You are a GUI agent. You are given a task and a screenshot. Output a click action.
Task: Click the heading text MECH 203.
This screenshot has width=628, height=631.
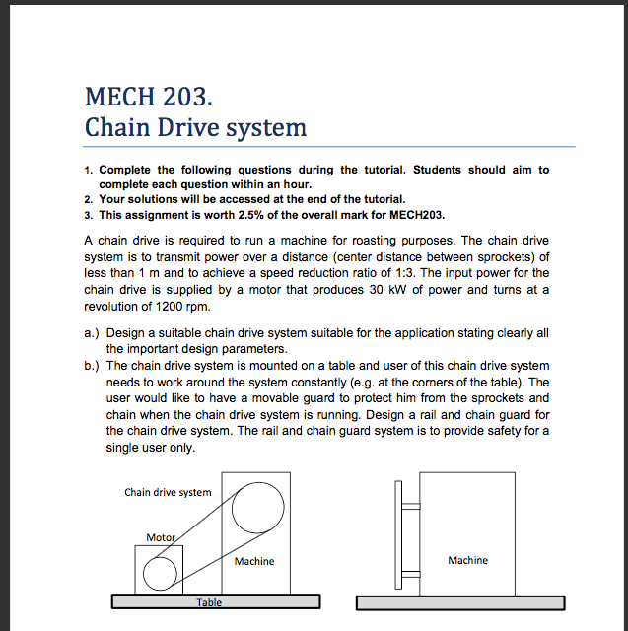click(x=148, y=97)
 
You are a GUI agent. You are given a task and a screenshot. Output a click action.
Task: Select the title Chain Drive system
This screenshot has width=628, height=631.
click(x=195, y=127)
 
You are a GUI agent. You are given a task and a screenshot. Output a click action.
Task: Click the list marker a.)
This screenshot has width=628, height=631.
click(x=93, y=333)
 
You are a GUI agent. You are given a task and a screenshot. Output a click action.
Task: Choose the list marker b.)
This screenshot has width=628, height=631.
click(x=93, y=365)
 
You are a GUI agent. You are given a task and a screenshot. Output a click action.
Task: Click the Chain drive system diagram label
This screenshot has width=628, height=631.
click(x=168, y=492)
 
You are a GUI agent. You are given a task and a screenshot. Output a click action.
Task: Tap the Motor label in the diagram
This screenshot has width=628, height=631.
click(x=160, y=537)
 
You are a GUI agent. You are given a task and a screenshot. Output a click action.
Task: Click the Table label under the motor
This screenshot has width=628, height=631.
click(x=209, y=601)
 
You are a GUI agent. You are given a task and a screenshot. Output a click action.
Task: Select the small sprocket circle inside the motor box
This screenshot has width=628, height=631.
click(x=158, y=570)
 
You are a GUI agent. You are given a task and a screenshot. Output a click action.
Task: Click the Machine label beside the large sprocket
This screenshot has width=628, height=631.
click(x=254, y=561)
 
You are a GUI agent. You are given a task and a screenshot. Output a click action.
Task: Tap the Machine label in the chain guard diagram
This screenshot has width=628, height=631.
click(x=467, y=560)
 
